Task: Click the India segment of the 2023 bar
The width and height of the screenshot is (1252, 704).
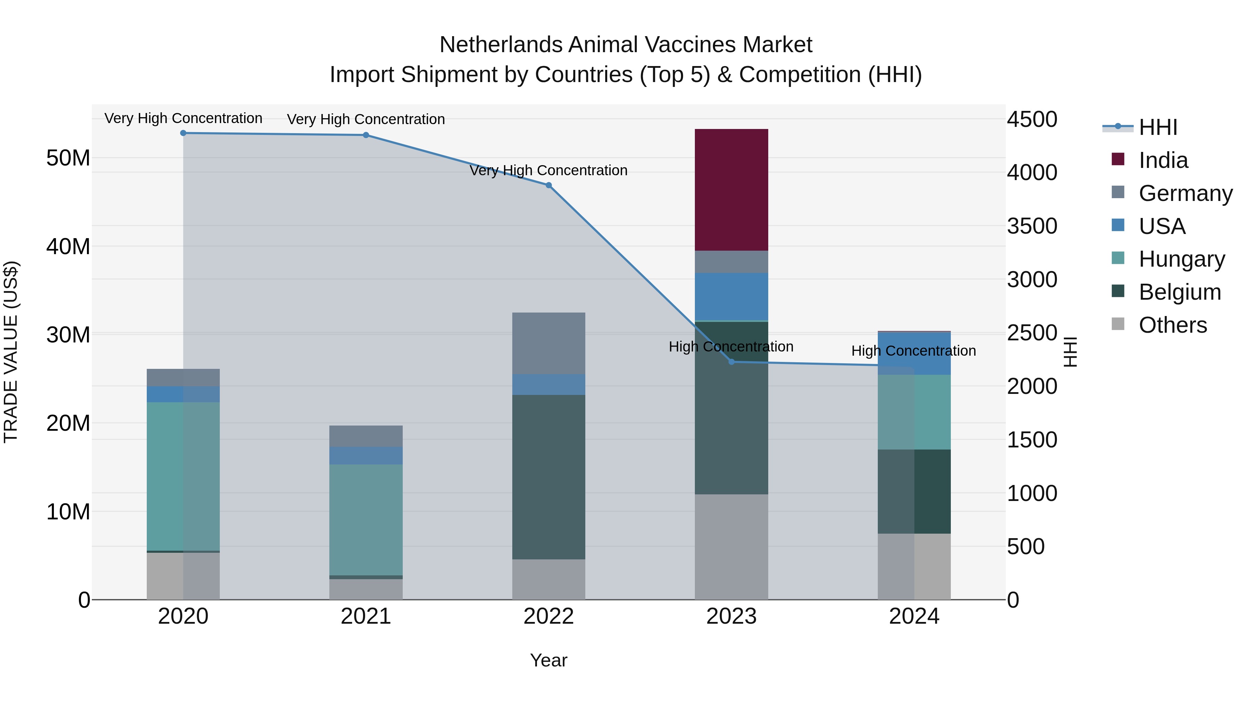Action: tap(731, 189)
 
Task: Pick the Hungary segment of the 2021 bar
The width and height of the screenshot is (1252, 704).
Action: tap(366, 519)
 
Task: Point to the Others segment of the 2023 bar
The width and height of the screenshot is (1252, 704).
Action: tap(731, 547)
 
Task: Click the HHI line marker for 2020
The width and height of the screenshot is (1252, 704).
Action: tap(183, 133)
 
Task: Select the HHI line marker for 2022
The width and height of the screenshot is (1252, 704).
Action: tap(549, 185)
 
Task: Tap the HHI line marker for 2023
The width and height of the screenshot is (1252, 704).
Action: tap(731, 362)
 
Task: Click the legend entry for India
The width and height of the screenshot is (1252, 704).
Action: tap(1163, 160)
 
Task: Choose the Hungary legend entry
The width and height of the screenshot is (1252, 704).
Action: tap(1181, 259)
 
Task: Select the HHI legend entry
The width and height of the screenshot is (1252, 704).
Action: tap(1158, 127)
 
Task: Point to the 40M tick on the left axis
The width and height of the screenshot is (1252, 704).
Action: tap(68, 246)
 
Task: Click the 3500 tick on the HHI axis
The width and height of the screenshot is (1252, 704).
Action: tap(1032, 226)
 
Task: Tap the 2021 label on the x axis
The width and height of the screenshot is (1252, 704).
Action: tap(366, 616)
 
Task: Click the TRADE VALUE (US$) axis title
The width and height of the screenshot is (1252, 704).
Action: tap(11, 352)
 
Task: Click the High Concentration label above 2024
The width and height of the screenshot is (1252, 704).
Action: tap(913, 351)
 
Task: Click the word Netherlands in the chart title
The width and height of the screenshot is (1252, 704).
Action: tap(500, 45)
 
